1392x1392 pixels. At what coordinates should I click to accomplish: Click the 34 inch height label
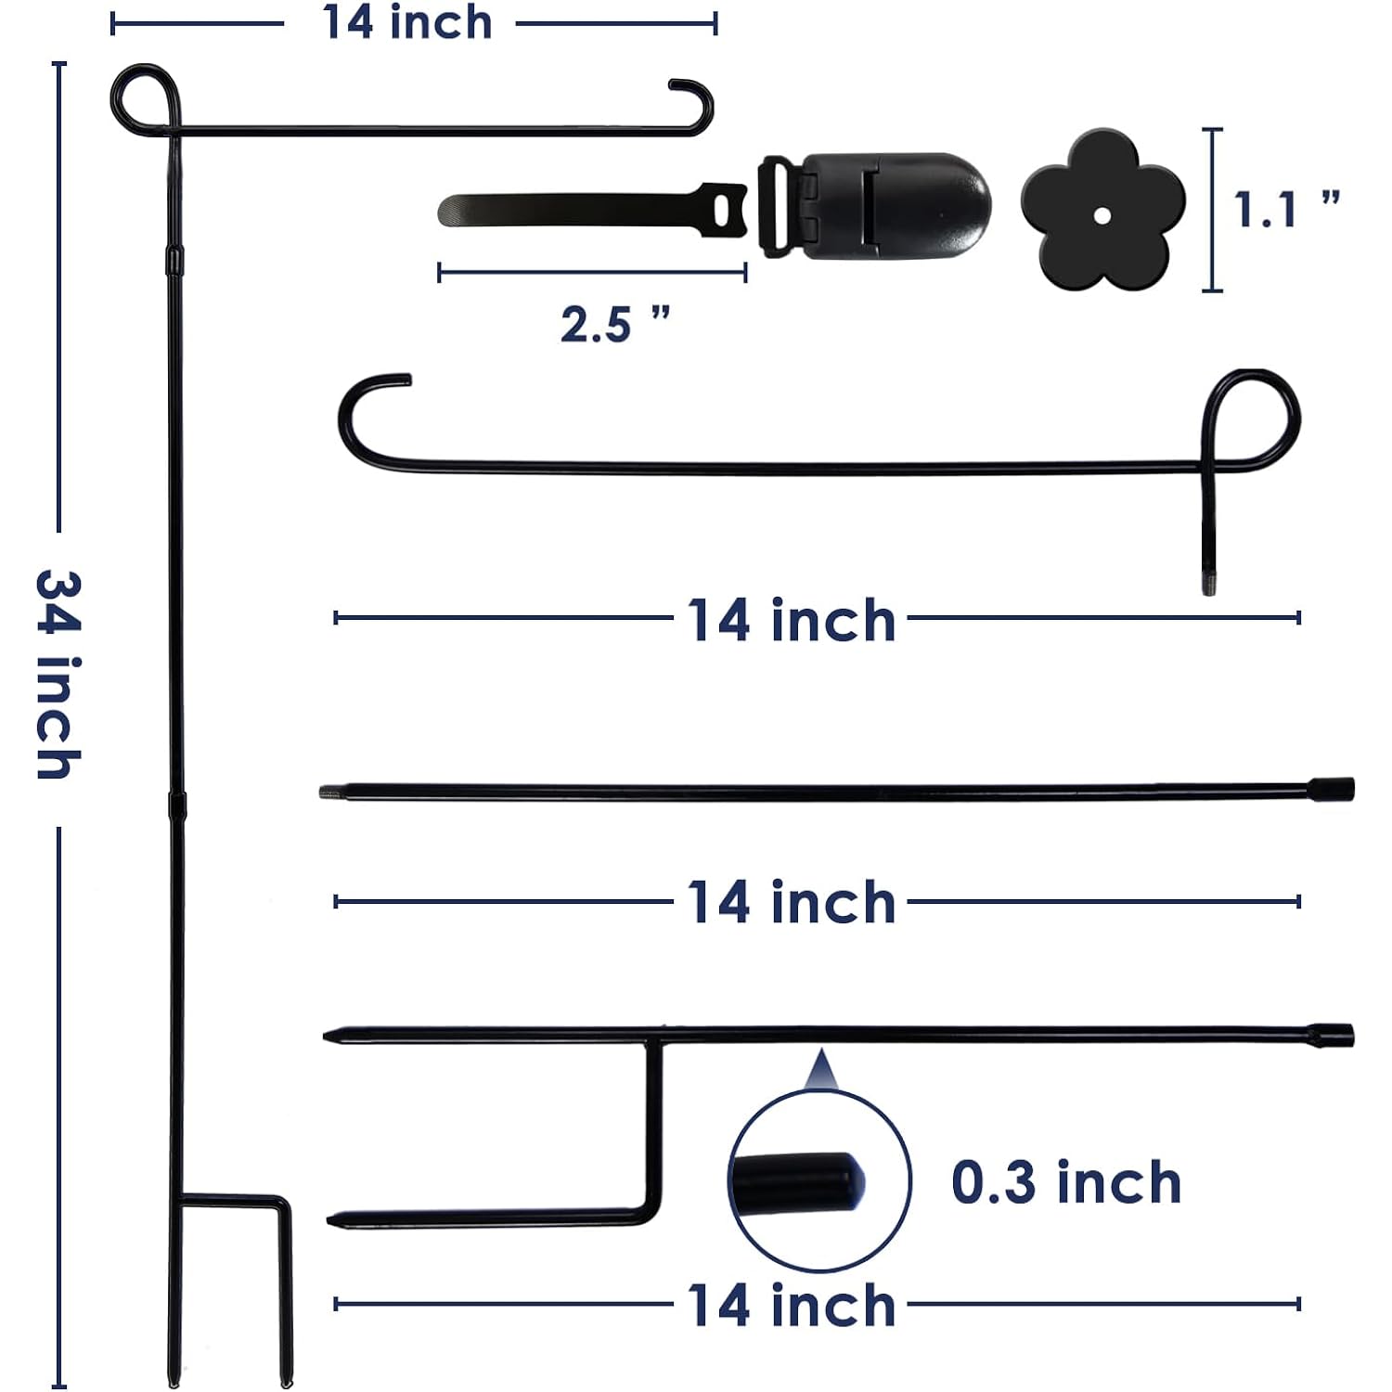click(58, 675)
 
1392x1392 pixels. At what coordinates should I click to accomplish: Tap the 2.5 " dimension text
click(614, 324)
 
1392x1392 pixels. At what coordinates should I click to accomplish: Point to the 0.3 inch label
click(1066, 1182)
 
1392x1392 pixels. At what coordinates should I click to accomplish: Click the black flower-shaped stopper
click(1102, 210)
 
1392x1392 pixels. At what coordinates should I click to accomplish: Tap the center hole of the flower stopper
click(1102, 216)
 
